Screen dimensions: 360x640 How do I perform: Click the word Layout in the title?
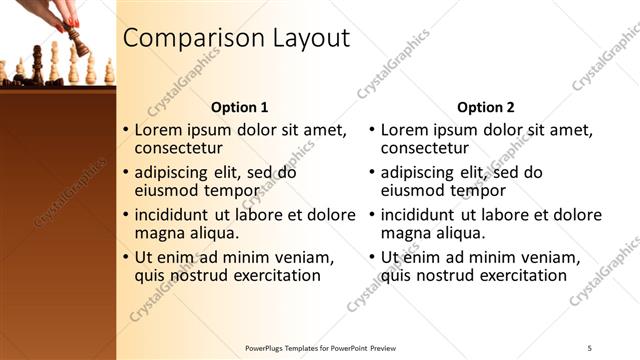point(311,39)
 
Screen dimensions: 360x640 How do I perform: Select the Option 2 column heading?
point(486,106)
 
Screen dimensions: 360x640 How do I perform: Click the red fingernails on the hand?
point(73,22)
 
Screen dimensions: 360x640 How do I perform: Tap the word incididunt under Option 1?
point(170,214)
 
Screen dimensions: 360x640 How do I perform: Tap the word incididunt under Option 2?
point(416,214)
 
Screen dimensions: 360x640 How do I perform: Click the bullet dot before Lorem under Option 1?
point(125,130)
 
